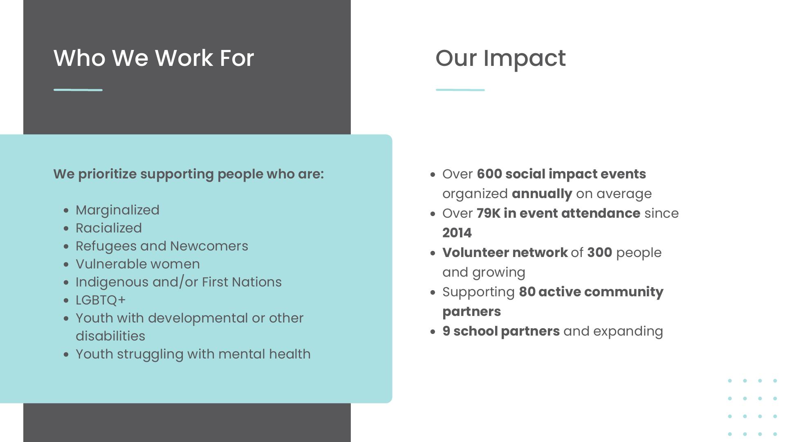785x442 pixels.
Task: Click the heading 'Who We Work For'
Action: click(x=154, y=58)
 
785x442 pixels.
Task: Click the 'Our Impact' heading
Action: click(x=500, y=59)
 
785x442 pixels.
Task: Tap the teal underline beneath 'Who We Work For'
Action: click(x=78, y=90)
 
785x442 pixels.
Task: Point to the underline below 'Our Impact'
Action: click(x=460, y=90)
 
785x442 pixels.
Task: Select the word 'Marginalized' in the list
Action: click(x=117, y=210)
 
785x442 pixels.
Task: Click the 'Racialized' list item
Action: click(x=109, y=228)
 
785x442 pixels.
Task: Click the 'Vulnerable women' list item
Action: click(x=138, y=264)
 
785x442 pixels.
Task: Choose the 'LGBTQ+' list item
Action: click(x=101, y=300)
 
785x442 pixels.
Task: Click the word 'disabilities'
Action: click(x=110, y=336)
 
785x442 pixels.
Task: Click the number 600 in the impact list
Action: click(x=489, y=174)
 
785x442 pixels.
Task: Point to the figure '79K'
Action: click(x=489, y=213)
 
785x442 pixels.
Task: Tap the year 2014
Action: click(x=457, y=233)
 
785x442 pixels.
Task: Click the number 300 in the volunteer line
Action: click(x=600, y=253)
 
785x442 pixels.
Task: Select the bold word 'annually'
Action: click(x=542, y=194)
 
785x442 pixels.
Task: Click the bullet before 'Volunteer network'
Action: click(x=433, y=253)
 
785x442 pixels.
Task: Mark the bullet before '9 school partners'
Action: click(x=433, y=331)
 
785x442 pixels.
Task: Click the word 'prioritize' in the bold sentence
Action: click(x=107, y=174)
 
